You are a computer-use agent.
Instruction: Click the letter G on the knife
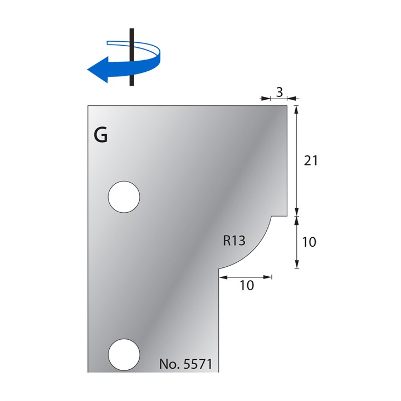(x=101, y=135)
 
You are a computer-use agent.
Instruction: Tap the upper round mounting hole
(x=124, y=197)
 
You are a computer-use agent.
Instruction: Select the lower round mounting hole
(x=124, y=352)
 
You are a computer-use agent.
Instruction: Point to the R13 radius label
(x=234, y=242)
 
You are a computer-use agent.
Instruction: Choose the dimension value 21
(x=311, y=160)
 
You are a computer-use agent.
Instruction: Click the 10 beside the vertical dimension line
(x=309, y=242)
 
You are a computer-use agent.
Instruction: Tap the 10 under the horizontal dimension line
(x=246, y=286)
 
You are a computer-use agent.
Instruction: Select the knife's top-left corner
(x=88, y=105)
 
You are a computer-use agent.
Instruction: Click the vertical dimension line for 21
(x=297, y=160)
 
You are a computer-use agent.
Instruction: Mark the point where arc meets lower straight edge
(x=219, y=269)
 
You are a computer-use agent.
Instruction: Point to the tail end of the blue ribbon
(x=109, y=42)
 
